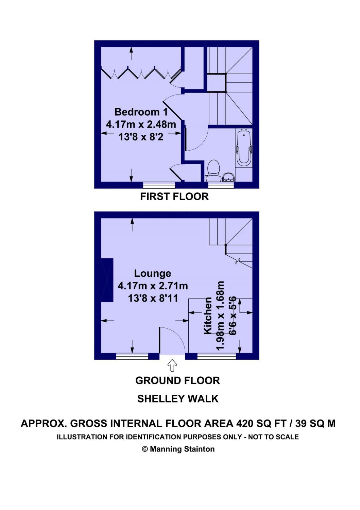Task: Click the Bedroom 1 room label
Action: pyautogui.click(x=141, y=112)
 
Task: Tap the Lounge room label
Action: pyautogui.click(x=152, y=273)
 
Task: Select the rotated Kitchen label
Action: pyautogui.click(x=208, y=316)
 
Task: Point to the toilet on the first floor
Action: pyautogui.click(x=213, y=170)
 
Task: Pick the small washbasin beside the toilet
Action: pyautogui.click(x=228, y=177)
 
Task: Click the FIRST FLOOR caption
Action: pyautogui.click(x=174, y=197)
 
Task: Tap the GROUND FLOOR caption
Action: pyautogui.click(x=177, y=380)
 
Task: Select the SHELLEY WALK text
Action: pyautogui.click(x=178, y=399)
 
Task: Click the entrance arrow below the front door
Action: pyautogui.click(x=172, y=365)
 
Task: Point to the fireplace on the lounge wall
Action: pyautogui.click(x=107, y=280)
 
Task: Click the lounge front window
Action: pyautogui.click(x=132, y=356)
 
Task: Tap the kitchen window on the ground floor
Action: pyautogui.click(x=216, y=356)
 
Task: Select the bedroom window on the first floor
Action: pyautogui.click(x=159, y=185)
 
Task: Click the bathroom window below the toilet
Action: pyautogui.click(x=221, y=185)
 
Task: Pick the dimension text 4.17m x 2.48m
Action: pyautogui.click(x=141, y=124)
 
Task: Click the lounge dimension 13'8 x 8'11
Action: pyautogui.click(x=153, y=298)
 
